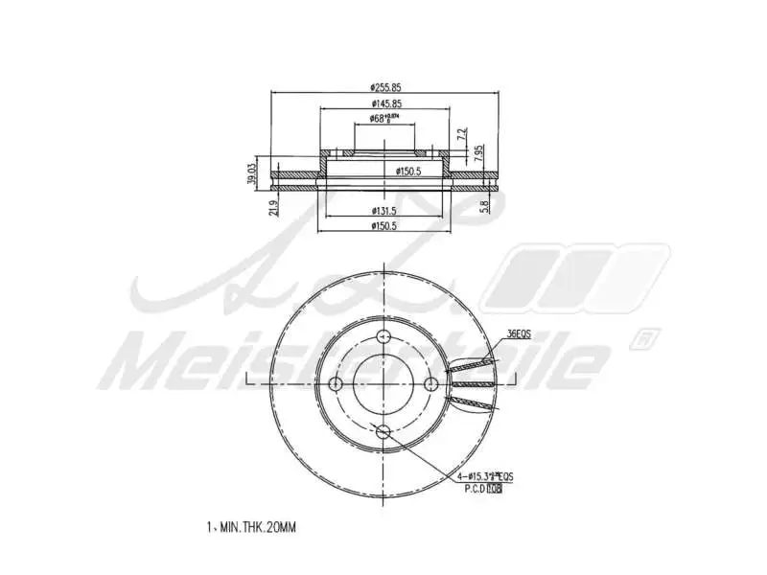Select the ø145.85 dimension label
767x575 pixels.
384,103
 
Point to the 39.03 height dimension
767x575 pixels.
251,173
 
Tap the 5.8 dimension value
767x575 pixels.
485,204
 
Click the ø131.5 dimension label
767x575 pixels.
384,211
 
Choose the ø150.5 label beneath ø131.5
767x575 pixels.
384,226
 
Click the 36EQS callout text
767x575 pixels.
519,333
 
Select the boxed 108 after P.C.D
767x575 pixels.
494,489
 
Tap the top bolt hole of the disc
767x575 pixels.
383,335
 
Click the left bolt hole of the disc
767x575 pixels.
336,383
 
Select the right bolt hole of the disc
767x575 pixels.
431,383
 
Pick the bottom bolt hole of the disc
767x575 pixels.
383,431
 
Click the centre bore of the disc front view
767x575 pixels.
383,383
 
